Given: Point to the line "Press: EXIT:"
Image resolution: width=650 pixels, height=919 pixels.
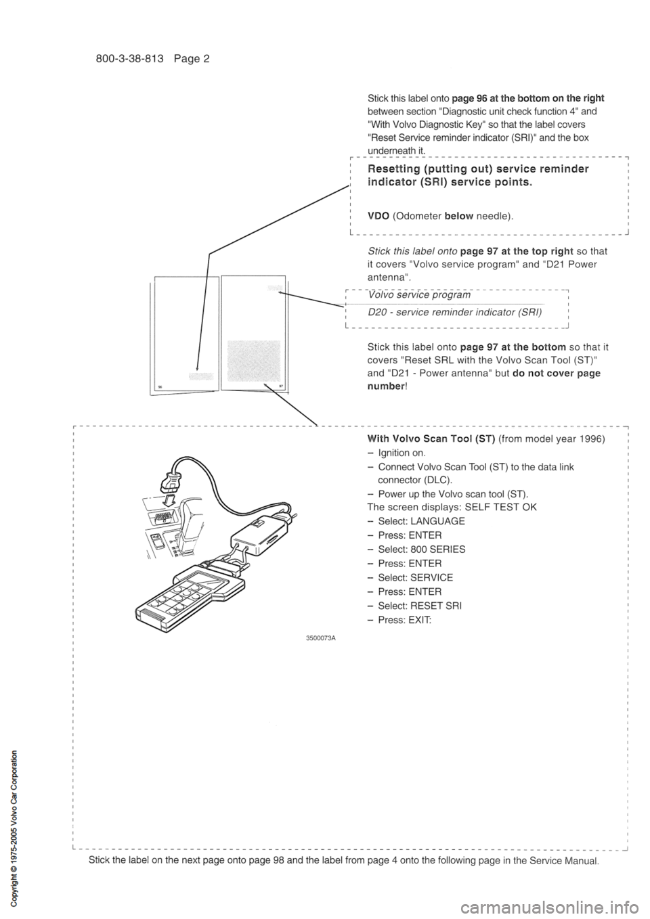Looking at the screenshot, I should coord(404,620).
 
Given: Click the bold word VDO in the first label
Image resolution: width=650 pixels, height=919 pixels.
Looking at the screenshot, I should coord(378,216).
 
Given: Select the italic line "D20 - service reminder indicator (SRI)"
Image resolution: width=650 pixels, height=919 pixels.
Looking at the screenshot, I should coord(454,312).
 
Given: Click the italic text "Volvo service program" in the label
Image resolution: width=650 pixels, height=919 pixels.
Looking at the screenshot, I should coord(419,295).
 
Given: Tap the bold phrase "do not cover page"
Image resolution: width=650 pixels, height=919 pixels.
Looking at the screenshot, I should coord(562,374).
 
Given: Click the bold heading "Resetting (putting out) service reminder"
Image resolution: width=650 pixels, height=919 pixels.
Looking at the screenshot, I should coord(477,169).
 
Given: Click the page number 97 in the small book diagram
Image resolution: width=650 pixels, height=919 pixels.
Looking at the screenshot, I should coord(280,384).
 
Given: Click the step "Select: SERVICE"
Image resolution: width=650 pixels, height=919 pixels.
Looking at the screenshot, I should coord(415,578).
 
